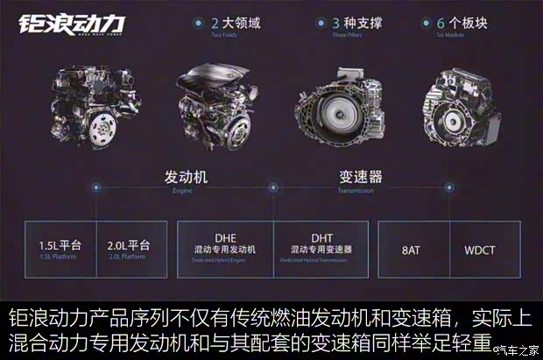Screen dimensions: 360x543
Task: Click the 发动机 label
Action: [x=183, y=178]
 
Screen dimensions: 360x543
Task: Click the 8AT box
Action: [x=413, y=249]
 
